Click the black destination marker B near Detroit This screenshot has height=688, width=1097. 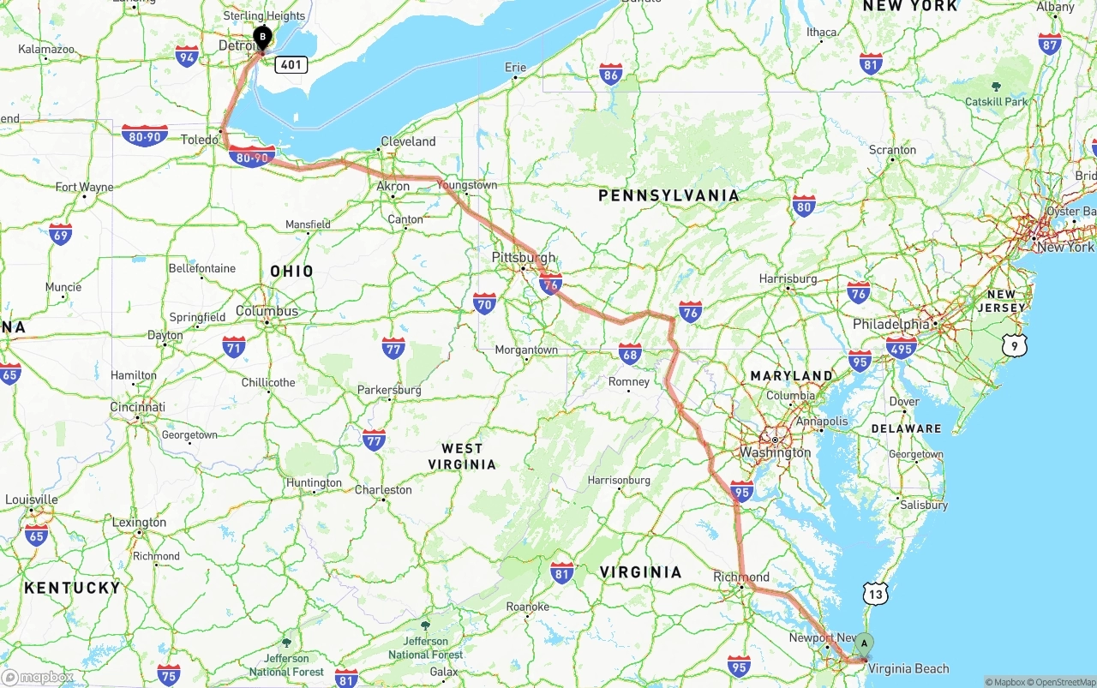pyautogui.click(x=262, y=38)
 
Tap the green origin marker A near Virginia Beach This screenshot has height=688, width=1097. pyautogui.click(x=864, y=643)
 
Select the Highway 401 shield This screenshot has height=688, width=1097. pyautogui.click(x=291, y=64)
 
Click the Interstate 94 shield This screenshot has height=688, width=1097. pyautogui.click(x=187, y=57)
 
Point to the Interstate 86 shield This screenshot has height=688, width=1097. pyautogui.click(x=611, y=74)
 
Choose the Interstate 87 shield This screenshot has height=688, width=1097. pyautogui.click(x=1049, y=45)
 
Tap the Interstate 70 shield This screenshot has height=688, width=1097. pyautogui.click(x=484, y=302)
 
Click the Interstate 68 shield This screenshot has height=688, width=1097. pyautogui.click(x=630, y=353)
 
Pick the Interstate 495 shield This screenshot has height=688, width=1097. pyautogui.click(x=901, y=346)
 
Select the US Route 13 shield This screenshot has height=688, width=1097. pyautogui.click(x=874, y=593)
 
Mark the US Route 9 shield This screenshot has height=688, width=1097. pyautogui.click(x=1015, y=345)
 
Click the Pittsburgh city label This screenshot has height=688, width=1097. pyautogui.click(x=524, y=257)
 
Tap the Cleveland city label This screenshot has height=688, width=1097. pyautogui.click(x=408, y=141)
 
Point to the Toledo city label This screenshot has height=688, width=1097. pyautogui.click(x=199, y=140)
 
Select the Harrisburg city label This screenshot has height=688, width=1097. pyautogui.click(x=788, y=278)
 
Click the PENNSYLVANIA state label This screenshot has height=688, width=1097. pyautogui.click(x=668, y=195)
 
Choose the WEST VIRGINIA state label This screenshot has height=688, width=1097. pyautogui.click(x=462, y=456)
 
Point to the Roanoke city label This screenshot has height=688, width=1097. pyautogui.click(x=527, y=607)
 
